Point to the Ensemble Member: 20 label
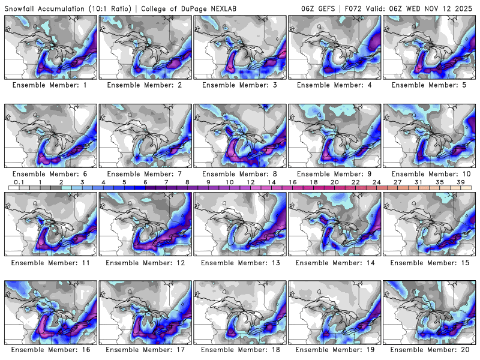[430, 350]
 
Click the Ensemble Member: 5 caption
[430, 85]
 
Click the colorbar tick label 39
[460, 182]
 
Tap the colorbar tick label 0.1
[19, 182]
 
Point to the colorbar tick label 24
[376, 182]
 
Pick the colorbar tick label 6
[145, 182]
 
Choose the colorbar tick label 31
[418, 182]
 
